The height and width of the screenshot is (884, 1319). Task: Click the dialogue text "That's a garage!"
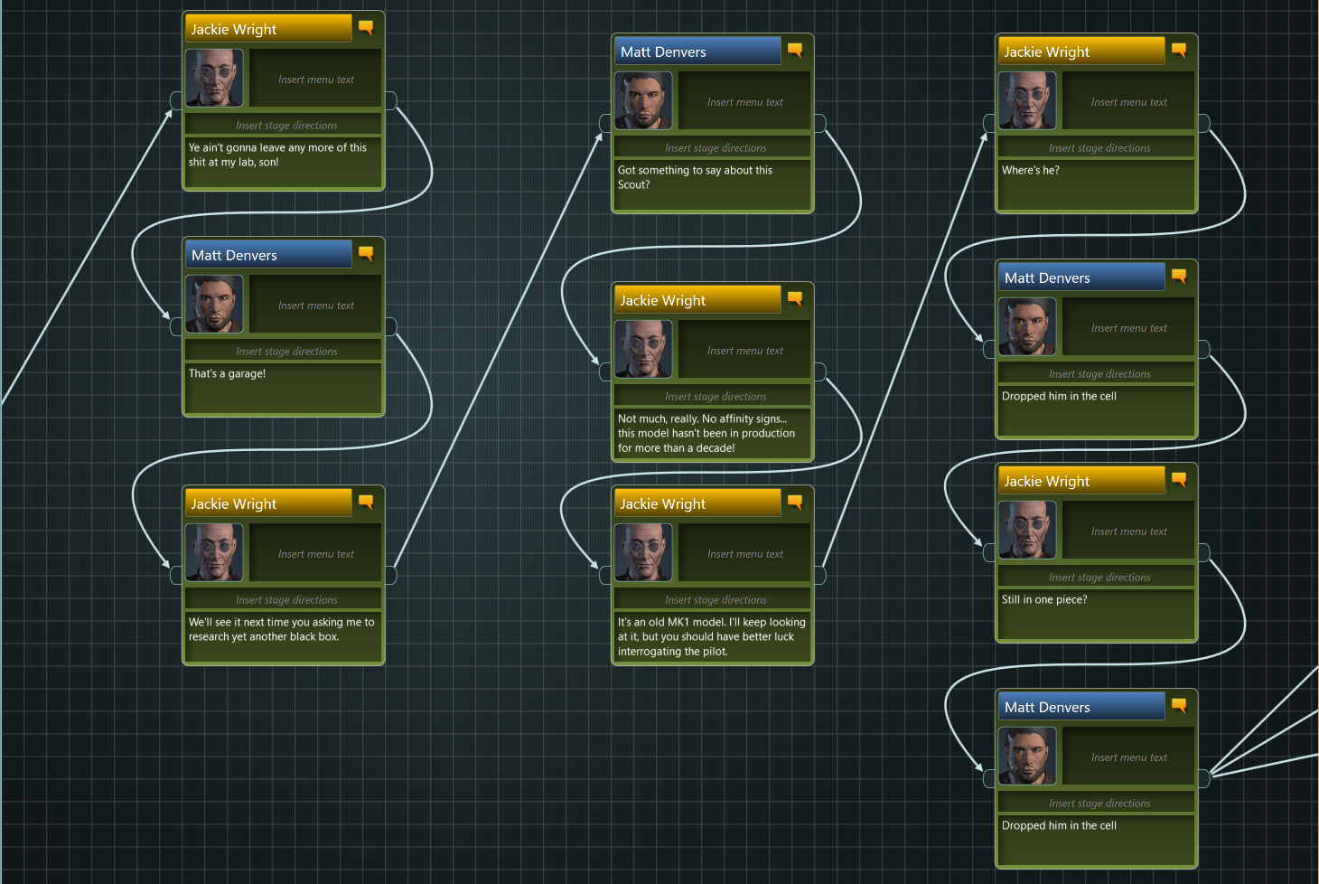click(x=227, y=373)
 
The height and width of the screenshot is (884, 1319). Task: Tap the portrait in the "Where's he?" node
click(x=1027, y=100)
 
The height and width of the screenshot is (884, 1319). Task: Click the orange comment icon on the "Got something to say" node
click(x=795, y=51)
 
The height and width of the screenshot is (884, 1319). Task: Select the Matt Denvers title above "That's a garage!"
click(x=267, y=255)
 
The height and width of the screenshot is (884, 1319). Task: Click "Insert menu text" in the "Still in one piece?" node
click(x=1128, y=531)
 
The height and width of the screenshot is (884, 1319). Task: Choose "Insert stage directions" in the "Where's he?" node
click(x=1099, y=148)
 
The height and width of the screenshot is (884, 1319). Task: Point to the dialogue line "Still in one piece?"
click(x=1044, y=599)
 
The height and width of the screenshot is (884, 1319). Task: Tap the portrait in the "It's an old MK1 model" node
click(x=643, y=552)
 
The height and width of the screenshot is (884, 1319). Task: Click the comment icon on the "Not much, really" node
click(x=795, y=299)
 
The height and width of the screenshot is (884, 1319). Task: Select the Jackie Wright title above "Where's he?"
click(x=1080, y=52)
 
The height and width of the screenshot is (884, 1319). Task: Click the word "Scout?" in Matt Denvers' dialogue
click(x=633, y=185)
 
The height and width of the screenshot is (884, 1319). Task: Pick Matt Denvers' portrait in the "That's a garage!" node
click(x=214, y=304)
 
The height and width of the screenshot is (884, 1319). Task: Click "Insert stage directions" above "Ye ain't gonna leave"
click(x=286, y=126)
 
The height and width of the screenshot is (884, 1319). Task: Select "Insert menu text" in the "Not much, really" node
click(x=744, y=351)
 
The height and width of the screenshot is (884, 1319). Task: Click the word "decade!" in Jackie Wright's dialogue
click(x=716, y=448)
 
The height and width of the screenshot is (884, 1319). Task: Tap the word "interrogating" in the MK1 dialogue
click(x=650, y=652)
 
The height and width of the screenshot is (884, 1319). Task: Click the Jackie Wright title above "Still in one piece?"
click(x=1080, y=481)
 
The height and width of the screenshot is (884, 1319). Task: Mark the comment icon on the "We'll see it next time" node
click(x=366, y=503)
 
